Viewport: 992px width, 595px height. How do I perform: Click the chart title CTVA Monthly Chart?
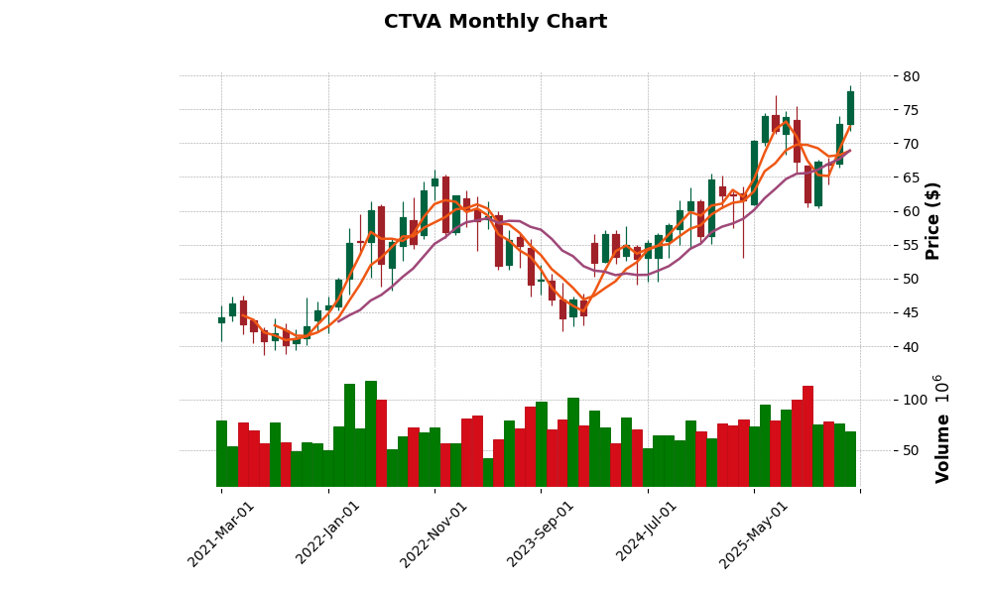point(495,22)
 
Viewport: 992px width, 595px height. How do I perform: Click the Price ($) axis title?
point(932,220)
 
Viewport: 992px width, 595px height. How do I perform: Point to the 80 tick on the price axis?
point(912,76)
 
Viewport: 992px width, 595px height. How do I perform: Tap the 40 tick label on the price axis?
point(912,347)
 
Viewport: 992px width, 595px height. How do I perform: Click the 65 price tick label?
point(912,178)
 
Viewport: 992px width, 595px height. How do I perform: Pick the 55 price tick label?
point(912,245)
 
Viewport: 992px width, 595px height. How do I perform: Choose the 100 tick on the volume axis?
point(915,400)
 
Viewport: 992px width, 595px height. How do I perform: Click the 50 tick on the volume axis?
point(911,450)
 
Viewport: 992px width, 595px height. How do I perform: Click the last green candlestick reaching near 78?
point(850,108)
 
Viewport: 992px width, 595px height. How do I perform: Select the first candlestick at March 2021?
point(221,320)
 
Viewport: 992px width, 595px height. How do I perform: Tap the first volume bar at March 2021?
point(221,453)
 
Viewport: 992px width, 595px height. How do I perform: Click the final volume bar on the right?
point(850,459)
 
